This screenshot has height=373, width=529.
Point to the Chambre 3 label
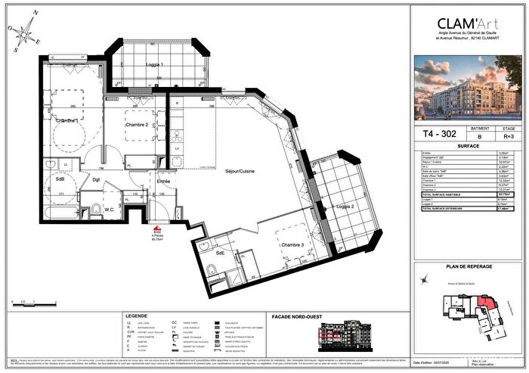click(x=292, y=245)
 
